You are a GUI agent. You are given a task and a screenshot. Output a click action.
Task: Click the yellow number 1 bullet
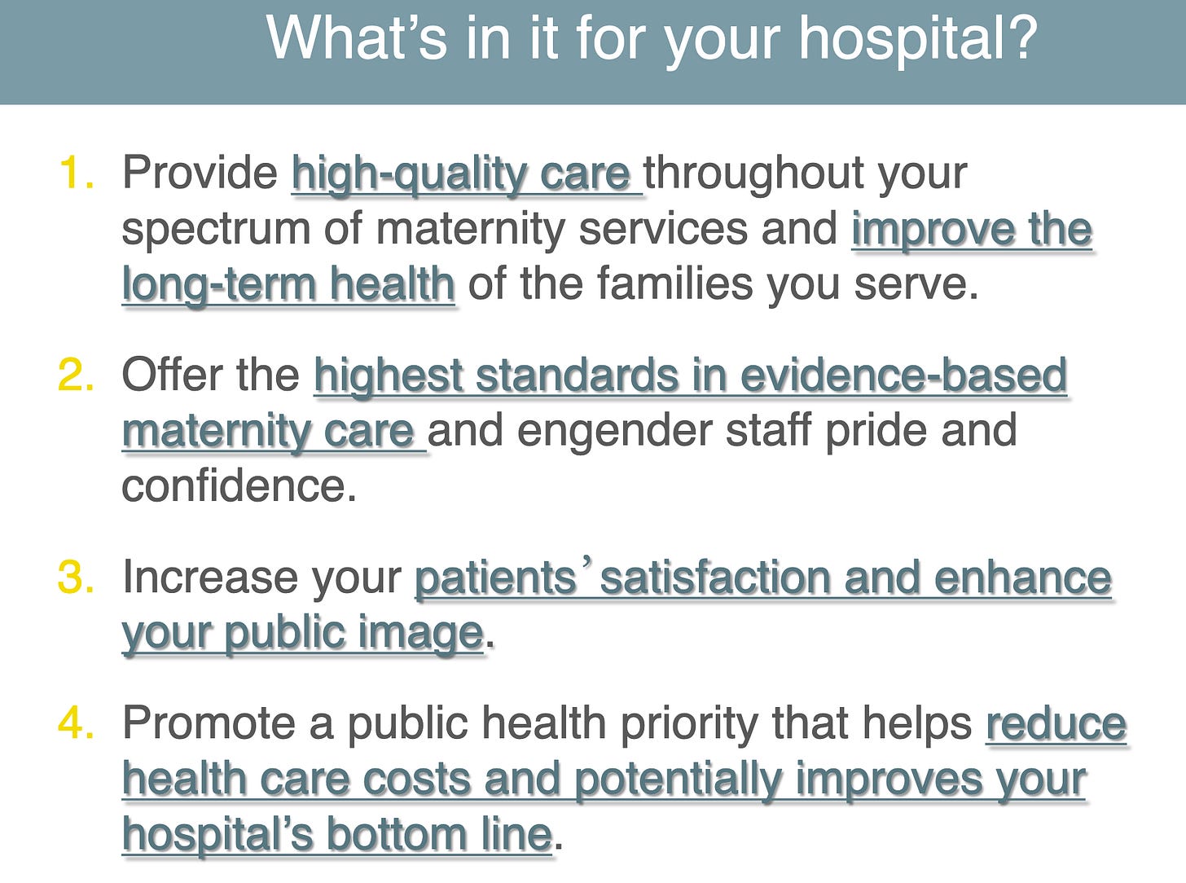coord(77,172)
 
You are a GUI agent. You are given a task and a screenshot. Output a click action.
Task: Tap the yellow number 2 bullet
coord(77,375)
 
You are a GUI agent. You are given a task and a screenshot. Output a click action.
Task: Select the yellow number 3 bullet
coord(77,577)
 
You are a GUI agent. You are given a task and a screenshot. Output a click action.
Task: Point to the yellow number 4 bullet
coord(77,723)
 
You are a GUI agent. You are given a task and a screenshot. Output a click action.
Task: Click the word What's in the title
coord(357,37)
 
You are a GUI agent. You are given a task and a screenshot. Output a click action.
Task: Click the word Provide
coord(200,172)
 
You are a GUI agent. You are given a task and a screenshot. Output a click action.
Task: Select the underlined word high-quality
coord(409,175)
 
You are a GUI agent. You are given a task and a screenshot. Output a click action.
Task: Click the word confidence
coord(239,485)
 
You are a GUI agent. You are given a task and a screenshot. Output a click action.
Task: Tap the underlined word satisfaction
coord(716,578)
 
